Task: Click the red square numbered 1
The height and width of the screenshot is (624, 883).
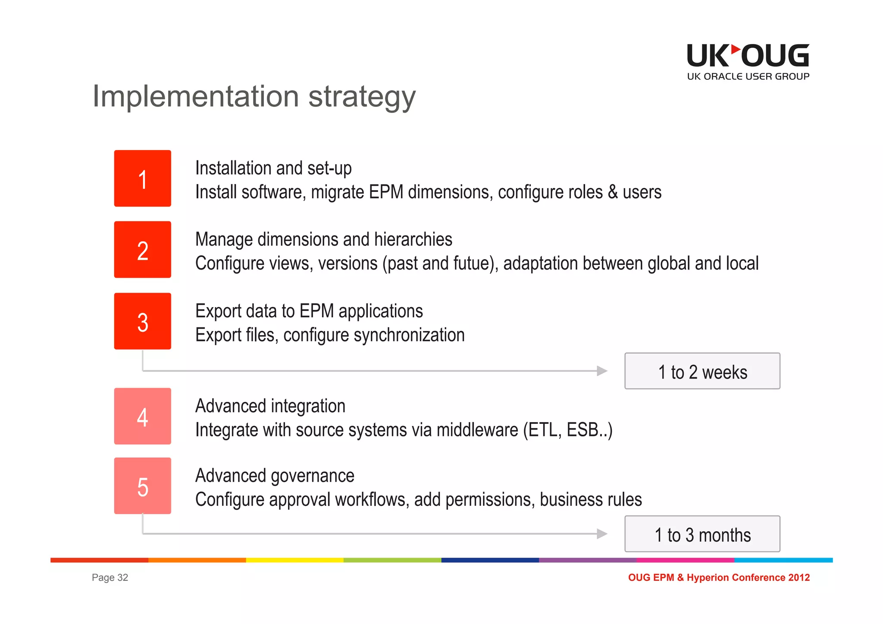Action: click(142, 178)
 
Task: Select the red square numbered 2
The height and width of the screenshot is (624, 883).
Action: click(142, 249)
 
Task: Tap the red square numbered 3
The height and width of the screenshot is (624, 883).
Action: click(142, 321)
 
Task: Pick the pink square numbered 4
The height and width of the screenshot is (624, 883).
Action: click(142, 416)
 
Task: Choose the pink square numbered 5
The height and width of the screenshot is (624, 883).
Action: click(142, 486)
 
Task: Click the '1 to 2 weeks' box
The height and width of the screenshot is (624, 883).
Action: click(702, 371)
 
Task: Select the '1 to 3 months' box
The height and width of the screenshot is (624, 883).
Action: click(702, 534)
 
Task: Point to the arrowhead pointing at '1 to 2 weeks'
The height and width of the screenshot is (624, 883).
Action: click(602, 371)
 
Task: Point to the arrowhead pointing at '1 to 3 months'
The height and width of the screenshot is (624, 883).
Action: click(602, 534)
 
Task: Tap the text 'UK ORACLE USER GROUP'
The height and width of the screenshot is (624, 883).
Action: click(748, 77)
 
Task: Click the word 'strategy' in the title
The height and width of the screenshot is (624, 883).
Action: click(362, 97)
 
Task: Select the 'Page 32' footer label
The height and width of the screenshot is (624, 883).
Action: click(110, 577)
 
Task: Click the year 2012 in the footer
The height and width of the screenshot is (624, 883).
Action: click(799, 577)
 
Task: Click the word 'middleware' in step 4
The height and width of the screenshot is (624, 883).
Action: click(477, 430)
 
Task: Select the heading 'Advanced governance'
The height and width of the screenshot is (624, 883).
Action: click(275, 476)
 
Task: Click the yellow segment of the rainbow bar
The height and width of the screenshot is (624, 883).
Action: click(294, 560)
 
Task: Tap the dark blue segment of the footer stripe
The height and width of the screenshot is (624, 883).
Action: click(490, 560)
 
